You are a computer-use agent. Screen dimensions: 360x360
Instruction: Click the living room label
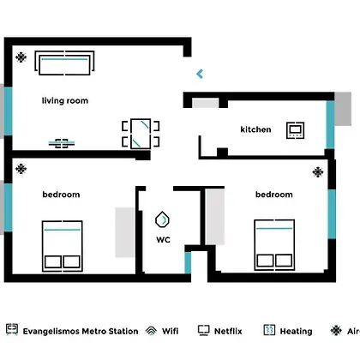(65, 101)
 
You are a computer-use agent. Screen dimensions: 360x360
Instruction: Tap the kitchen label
(255, 129)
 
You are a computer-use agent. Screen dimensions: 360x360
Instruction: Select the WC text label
(164, 240)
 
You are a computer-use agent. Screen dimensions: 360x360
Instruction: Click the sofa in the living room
(64, 63)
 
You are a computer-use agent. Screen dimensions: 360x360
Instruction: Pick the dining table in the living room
(141, 134)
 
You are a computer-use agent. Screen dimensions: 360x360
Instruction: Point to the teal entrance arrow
(200, 74)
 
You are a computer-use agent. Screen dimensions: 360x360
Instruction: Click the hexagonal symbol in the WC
(162, 219)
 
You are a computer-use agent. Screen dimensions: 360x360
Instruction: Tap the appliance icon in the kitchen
(296, 130)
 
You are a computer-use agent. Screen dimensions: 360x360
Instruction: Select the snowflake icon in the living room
(21, 57)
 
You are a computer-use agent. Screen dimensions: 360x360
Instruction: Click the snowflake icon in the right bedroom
(318, 172)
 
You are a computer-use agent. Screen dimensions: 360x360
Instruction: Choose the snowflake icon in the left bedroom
(21, 169)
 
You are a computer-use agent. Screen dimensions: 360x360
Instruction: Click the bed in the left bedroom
(63, 246)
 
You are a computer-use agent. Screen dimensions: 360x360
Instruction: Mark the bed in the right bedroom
(274, 245)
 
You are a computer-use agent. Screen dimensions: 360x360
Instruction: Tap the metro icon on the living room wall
(62, 143)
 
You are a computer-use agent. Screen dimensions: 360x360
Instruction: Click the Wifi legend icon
(151, 331)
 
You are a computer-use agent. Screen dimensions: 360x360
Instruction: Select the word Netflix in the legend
(228, 331)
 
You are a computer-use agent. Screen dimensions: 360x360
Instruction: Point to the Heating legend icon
(269, 330)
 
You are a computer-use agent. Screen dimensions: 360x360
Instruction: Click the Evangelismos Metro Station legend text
(81, 332)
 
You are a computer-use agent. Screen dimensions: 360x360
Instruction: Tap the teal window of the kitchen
(330, 124)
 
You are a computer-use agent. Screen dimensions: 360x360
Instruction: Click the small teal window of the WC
(188, 263)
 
